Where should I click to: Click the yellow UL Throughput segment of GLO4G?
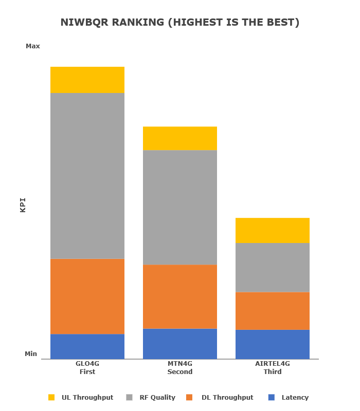(x=87, y=80)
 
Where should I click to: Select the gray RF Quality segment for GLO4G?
(x=87, y=176)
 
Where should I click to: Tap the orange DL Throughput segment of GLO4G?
(x=87, y=296)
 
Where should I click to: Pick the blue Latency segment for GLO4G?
(x=87, y=346)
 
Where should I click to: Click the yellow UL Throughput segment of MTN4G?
(x=180, y=138)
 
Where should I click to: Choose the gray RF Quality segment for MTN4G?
(x=180, y=208)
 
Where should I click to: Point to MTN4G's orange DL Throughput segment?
(x=180, y=296)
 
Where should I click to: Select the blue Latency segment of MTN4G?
(x=180, y=344)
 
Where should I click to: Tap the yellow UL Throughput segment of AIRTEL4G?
(x=273, y=230)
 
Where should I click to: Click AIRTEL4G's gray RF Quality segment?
(x=273, y=268)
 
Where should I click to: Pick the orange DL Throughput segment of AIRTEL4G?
(x=273, y=311)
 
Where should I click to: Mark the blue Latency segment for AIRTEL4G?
(x=273, y=344)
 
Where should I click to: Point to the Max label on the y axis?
(x=33, y=46)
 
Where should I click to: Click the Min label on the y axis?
(x=31, y=354)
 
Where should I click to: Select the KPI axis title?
(x=23, y=205)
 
